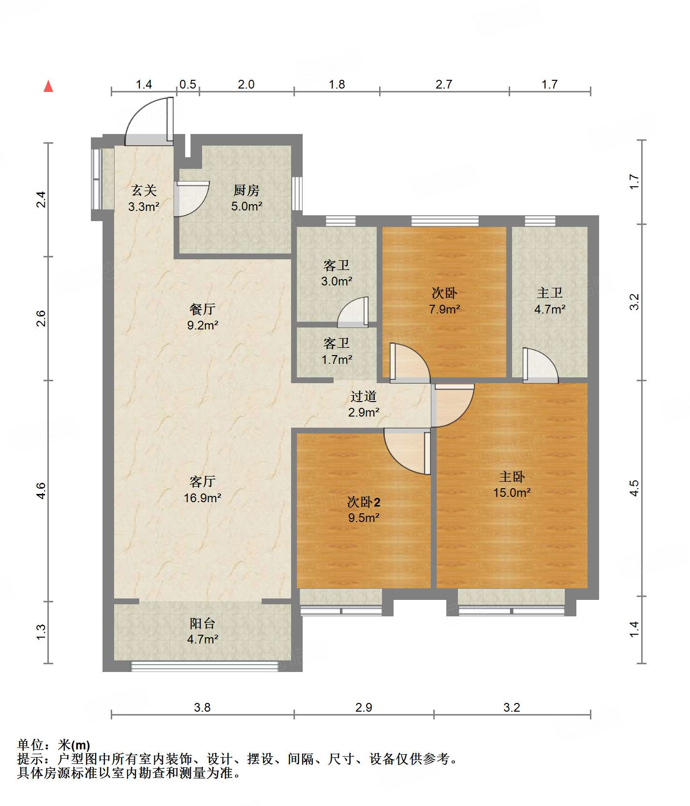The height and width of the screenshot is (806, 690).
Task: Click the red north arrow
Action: point(48,87)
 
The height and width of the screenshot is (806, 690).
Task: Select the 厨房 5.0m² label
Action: point(247,198)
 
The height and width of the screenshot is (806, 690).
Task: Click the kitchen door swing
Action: point(192,199)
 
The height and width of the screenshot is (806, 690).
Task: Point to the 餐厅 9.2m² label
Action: point(203,317)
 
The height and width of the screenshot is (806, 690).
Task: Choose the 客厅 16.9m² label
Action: point(203,489)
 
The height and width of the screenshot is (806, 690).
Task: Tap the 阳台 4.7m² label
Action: point(203,631)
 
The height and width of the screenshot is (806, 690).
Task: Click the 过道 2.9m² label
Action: point(364,404)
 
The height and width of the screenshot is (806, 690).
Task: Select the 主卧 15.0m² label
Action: point(512,484)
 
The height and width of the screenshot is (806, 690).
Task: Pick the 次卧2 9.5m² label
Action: point(364,509)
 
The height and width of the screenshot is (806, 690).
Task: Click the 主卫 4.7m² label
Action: point(550,300)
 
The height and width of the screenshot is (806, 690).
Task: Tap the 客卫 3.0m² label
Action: point(337,273)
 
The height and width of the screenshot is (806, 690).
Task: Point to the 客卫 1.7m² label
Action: point(337,351)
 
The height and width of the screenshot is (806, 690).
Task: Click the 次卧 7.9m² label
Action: point(444,300)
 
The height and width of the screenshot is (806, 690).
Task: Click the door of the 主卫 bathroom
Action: point(540,365)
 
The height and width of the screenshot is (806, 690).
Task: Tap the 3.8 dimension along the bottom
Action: point(202,707)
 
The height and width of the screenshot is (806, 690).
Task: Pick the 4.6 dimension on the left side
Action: point(41,491)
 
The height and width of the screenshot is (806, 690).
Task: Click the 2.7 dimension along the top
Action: point(444,84)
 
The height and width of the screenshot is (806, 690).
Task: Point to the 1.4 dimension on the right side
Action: point(634,629)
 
